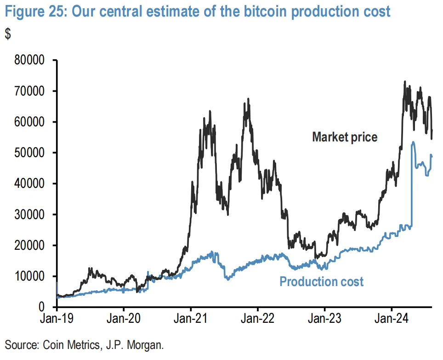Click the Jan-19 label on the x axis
[x=57, y=319]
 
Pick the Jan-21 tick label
[x=190, y=319]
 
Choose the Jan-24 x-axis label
[x=391, y=319]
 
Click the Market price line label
[x=345, y=137]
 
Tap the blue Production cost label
[x=321, y=281]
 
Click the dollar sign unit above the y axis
[x=7, y=34]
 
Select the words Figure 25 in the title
[x=31, y=11]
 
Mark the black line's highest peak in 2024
[x=404, y=82]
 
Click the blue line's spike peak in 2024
[x=413, y=142]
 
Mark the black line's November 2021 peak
[x=248, y=99]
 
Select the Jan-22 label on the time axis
[x=257, y=319]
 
